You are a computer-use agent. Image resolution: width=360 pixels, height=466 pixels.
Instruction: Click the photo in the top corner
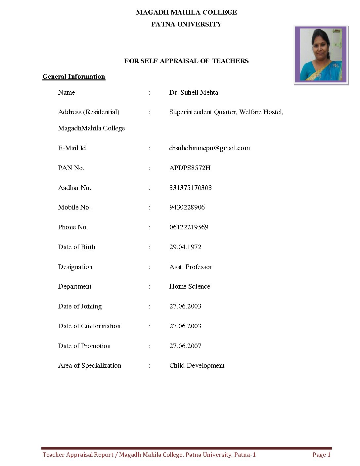(x=321, y=55)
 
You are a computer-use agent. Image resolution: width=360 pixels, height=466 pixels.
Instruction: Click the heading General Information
(x=74, y=77)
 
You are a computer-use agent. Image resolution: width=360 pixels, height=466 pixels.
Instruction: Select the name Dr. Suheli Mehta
(x=194, y=93)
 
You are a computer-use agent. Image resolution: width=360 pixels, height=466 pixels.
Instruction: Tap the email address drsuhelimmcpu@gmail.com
(x=209, y=148)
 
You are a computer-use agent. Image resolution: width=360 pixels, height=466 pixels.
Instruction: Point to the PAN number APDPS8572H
(x=190, y=168)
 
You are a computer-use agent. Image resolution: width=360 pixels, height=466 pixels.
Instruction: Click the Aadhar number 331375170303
(x=190, y=188)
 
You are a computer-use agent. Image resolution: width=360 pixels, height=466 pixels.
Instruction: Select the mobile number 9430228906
(x=187, y=208)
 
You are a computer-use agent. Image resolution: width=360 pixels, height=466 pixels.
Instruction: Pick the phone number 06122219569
(x=189, y=227)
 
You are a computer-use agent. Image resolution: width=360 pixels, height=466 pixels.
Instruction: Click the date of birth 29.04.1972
(x=185, y=247)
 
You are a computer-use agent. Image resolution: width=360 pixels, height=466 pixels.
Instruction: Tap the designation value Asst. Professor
(x=191, y=267)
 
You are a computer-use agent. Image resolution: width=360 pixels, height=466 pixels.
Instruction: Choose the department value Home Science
(x=190, y=287)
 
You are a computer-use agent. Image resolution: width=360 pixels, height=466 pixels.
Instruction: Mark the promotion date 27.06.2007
(x=185, y=346)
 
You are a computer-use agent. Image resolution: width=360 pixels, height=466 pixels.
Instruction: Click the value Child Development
(x=197, y=366)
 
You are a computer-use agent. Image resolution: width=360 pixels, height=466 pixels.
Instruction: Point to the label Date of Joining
(x=80, y=306)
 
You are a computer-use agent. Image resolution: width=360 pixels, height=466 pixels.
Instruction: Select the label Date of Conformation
(x=89, y=326)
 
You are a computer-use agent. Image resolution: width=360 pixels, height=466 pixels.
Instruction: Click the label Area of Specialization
(x=90, y=366)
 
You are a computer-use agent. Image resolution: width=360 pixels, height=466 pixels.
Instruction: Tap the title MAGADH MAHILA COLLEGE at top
(x=186, y=13)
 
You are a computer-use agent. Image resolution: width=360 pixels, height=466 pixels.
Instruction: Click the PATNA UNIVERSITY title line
(x=186, y=24)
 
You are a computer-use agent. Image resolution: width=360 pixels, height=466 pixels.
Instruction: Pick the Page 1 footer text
(x=321, y=455)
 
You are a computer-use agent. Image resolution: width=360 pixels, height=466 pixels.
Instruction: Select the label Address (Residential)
(x=89, y=112)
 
